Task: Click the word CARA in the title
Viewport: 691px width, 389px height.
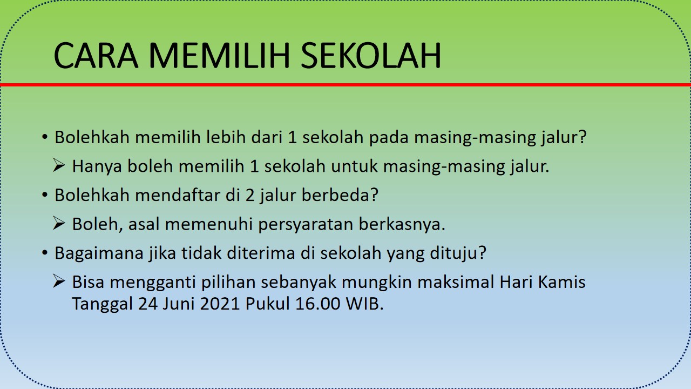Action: [96, 56]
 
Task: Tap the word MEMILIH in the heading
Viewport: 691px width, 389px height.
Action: [219, 56]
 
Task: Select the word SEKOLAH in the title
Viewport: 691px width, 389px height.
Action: [370, 56]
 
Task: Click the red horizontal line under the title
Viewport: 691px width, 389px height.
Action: [345, 85]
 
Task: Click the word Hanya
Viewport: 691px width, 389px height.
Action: [97, 166]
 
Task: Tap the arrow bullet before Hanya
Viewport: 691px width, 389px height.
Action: [59, 165]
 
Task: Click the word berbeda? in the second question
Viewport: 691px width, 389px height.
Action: [340, 195]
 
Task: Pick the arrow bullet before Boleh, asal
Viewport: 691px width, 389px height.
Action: [59, 223]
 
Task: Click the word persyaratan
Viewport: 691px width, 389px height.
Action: [306, 225]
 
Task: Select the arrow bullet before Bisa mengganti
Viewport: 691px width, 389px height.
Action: [59, 281]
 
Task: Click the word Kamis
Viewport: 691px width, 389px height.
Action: [562, 282]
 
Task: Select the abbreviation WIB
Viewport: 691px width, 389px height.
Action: [364, 304]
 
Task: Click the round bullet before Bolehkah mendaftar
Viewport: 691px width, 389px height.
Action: [45, 195]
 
